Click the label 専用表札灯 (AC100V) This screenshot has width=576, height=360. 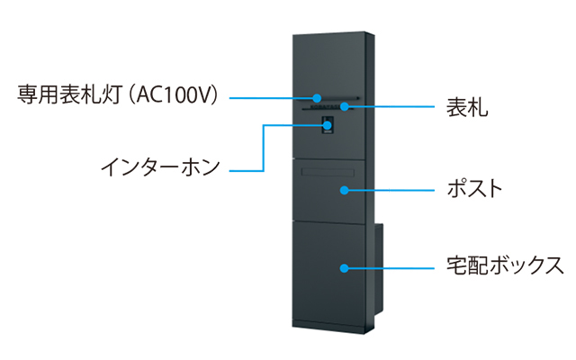(x=118, y=94)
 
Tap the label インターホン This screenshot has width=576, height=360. (x=160, y=167)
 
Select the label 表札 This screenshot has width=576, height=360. (x=467, y=107)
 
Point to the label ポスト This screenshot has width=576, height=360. (x=474, y=188)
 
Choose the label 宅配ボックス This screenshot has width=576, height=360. (x=505, y=265)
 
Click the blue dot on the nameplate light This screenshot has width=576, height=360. (x=317, y=98)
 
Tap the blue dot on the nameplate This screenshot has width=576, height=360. (x=344, y=106)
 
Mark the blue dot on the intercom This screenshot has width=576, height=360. (x=328, y=125)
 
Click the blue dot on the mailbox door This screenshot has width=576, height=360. (x=344, y=190)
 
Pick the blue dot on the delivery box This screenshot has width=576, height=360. (x=344, y=268)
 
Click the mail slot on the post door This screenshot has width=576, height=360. (x=328, y=172)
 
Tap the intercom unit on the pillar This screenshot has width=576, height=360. (x=328, y=125)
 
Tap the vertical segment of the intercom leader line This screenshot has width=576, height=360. (x=263, y=148)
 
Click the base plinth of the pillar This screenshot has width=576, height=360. (x=328, y=326)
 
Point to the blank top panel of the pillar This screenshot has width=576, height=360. (x=328, y=64)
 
